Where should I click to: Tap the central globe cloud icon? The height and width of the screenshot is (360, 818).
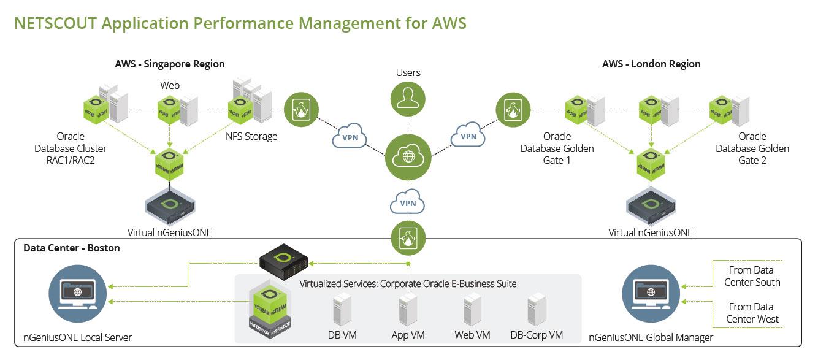(x=408, y=156)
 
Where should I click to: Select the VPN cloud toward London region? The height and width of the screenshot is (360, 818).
(x=468, y=136)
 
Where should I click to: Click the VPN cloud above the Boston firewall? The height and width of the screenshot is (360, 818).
(x=408, y=202)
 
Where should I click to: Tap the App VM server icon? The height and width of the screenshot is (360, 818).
(x=408, y=310)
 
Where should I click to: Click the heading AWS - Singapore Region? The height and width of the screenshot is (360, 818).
(x=170, y=64)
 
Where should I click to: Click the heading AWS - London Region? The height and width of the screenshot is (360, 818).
(x=651, y=64)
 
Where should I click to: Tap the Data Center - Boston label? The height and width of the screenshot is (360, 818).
(x=72, y=248)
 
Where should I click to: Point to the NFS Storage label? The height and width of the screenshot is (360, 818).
(x=252, y=136)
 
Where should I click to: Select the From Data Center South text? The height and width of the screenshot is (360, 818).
(x=752, y=276)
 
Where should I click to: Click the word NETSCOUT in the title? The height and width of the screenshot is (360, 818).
(x=55, y=23)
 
